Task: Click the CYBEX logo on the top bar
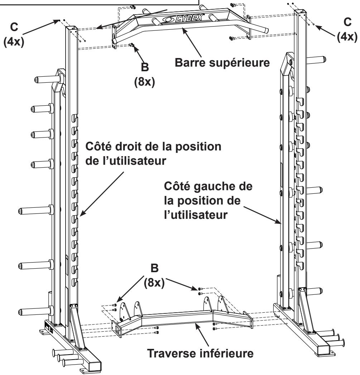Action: point(183,18)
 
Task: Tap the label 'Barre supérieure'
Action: point(222,63)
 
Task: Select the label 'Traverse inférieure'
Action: point(200,353)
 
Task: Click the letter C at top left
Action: point(14,27)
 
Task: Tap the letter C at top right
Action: point(347,22)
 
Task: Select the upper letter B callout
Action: point(145,67)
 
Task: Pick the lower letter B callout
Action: point(154,268)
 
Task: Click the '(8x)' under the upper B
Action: point(144,82)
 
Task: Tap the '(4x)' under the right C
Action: point(347,37)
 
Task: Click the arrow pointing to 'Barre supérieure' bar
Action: point(192,42)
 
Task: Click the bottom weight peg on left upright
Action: point(36,311)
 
